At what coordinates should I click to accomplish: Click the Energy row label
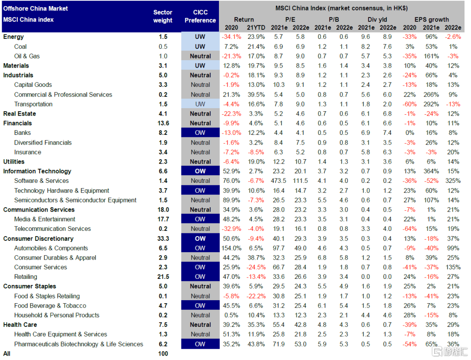(14, 37)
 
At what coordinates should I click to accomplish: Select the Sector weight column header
(163, 16)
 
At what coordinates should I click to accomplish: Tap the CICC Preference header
(200, 16)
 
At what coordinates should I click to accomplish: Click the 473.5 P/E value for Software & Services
(278, 181)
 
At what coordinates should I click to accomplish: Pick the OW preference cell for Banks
(200, 133)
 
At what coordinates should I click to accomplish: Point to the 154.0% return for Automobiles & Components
(231, 248)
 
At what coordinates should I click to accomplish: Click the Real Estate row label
(20, 113)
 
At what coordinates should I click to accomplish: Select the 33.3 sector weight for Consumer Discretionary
(163, 238)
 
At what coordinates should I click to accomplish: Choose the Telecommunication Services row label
(52, 229)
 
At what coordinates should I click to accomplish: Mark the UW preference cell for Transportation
(200, 104)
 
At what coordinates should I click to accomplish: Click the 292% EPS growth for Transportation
(431, 104)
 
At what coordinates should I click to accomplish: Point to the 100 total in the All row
(163, 353)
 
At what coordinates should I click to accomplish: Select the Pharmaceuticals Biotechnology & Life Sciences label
(78, 344)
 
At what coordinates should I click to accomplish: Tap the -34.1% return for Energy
(231, 37)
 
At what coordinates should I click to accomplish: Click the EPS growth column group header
(431, 19)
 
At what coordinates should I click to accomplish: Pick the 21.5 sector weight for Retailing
(163, 277)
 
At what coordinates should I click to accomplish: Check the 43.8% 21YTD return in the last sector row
(256, 344)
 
